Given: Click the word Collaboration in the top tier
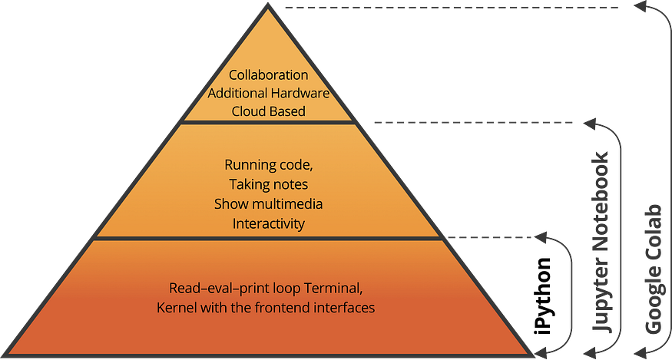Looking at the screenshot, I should (269, 75).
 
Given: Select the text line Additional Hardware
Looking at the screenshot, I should (269, 93).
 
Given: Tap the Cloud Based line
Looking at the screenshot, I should (269, 111).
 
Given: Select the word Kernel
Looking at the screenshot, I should (174, 307).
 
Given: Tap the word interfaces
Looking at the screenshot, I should (349, 307).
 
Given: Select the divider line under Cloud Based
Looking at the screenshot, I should (268, 121).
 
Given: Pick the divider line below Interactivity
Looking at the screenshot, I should (268, 239).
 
